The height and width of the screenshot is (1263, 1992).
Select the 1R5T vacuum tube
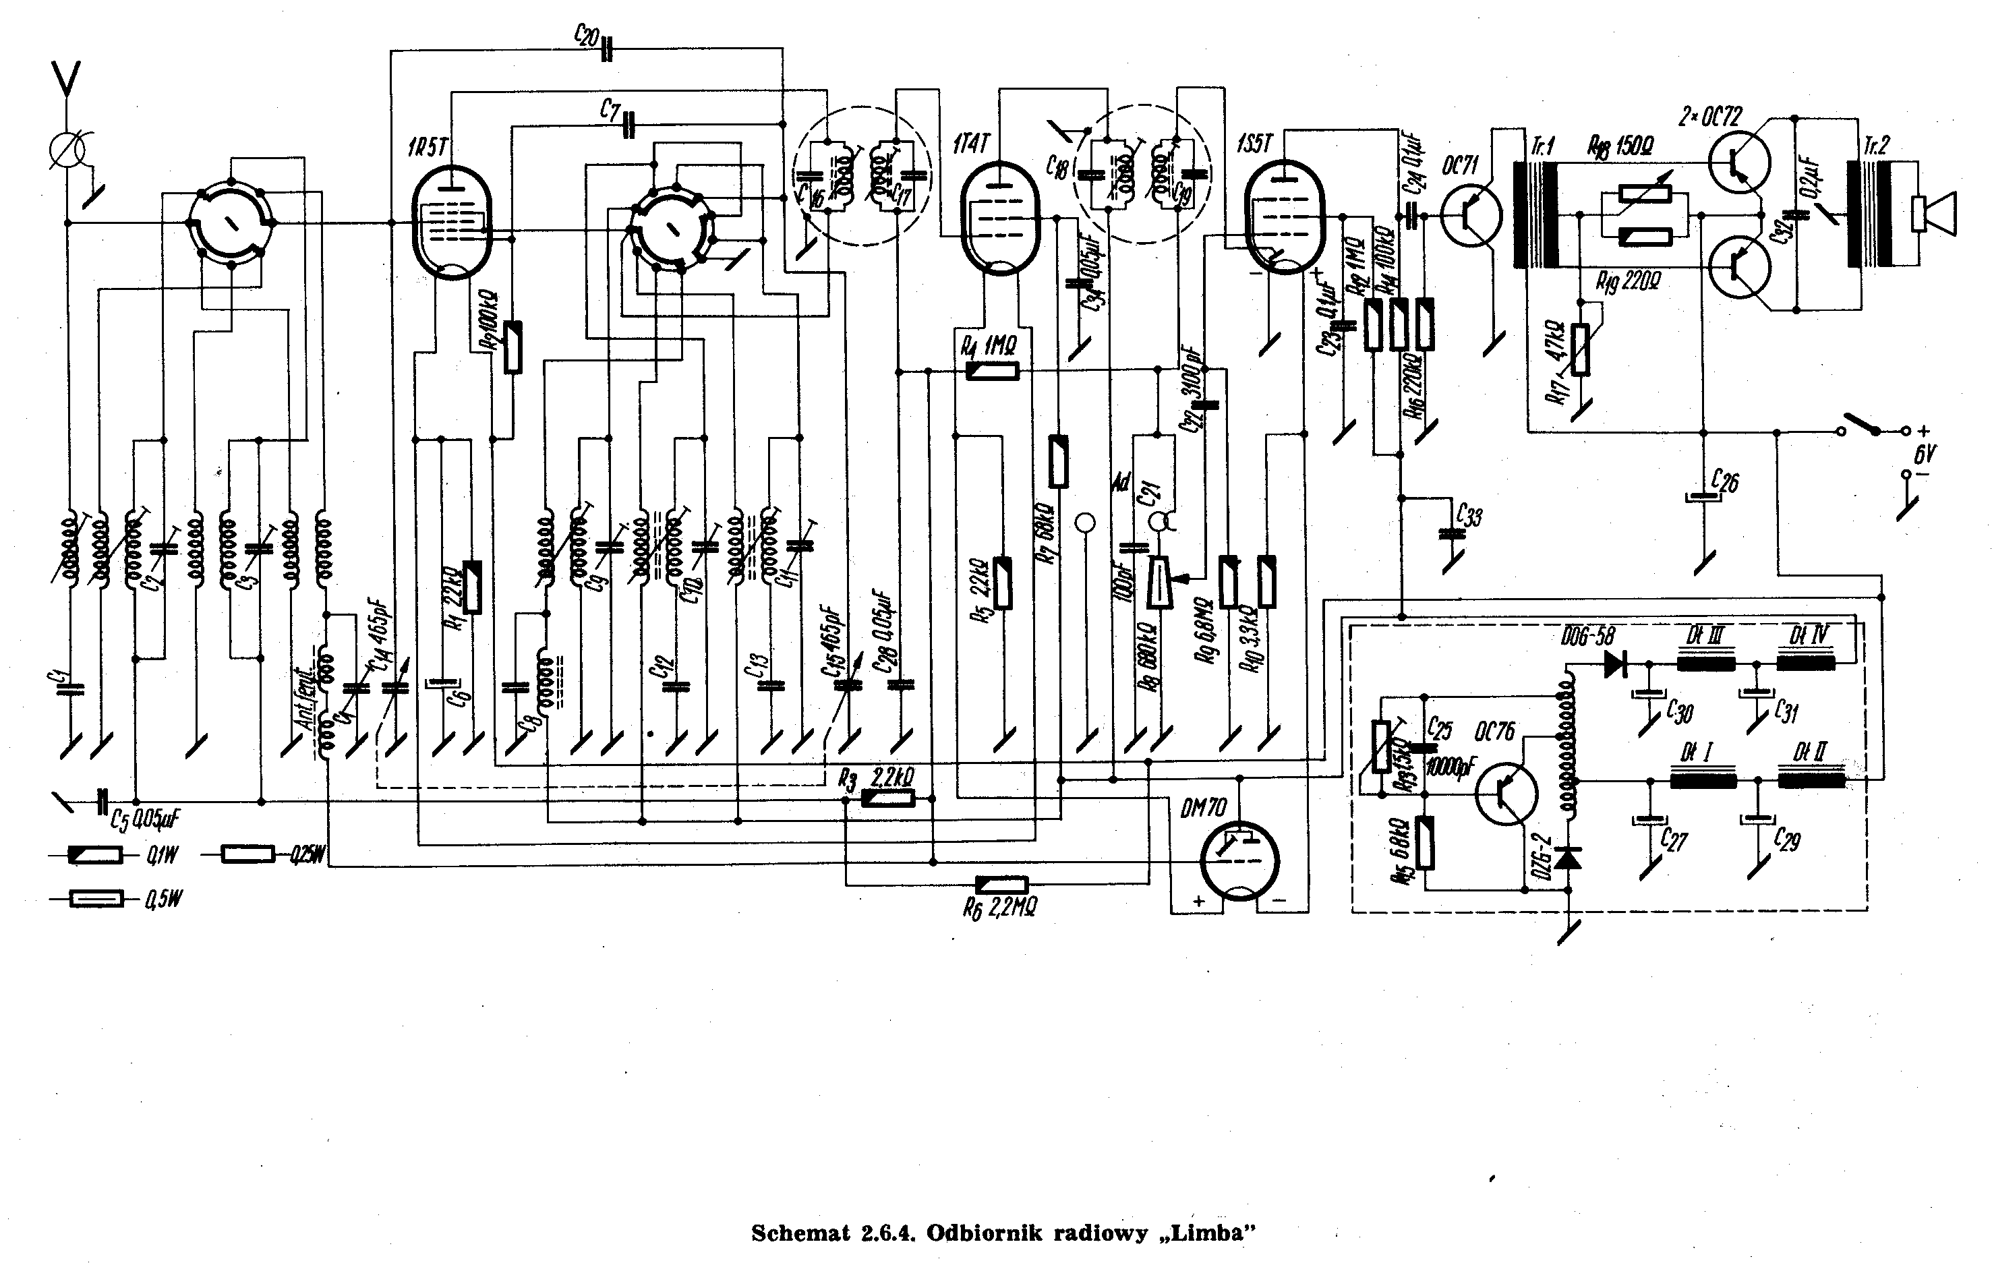pyautogui.click(x=452, y=222)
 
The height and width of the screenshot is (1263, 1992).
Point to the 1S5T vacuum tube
pyautogui.click(x=1284, y=216)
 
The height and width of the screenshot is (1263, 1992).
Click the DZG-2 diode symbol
pyautogui.click(x=1566, y=858)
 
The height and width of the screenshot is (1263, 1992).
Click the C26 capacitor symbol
pyautogui.click(x=1703, y=497)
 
